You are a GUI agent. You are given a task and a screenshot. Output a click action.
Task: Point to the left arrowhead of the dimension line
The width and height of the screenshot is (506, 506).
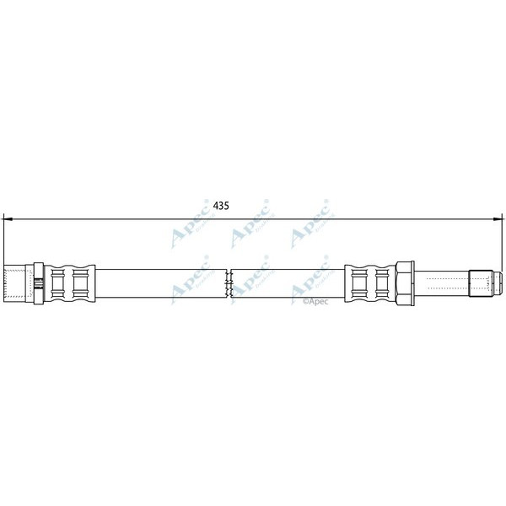click(8, 218)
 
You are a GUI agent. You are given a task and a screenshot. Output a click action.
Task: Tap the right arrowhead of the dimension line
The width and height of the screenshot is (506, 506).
click(498, 218)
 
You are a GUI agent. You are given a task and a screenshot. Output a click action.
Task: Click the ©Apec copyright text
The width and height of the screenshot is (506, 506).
click(314, 299)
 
